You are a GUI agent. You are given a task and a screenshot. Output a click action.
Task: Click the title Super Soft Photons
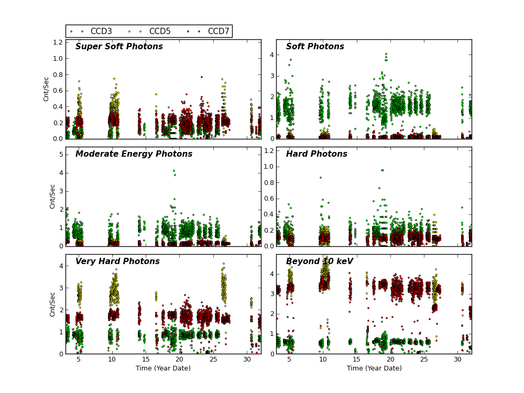pos(119,47)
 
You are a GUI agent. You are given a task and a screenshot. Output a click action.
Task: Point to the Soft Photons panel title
pos(315,47)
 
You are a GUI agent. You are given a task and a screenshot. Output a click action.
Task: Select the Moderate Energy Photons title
pos(134,154)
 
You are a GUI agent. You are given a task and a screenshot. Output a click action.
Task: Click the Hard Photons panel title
pos(316,154)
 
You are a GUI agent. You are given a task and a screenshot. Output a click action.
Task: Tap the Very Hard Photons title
pos(117,261)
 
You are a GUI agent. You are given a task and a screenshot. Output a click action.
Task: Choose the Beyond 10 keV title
pos(319,261)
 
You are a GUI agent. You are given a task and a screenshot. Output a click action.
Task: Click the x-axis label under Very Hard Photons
pos(163,368)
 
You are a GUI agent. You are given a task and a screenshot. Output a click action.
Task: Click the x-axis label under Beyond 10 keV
pos(374,368)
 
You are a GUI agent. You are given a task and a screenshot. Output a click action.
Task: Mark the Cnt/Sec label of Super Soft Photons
pos(46,89)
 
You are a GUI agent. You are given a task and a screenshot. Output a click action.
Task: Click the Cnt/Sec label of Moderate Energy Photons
pos(52,196)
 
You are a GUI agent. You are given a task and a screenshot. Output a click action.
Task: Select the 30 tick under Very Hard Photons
pos(247,359)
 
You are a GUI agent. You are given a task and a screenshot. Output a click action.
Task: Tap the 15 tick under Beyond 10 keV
pos(356,359)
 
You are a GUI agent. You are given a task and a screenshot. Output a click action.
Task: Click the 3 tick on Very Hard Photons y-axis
pos(61,288)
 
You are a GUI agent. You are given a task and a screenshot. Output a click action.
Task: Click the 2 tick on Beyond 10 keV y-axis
pos(271,314)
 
